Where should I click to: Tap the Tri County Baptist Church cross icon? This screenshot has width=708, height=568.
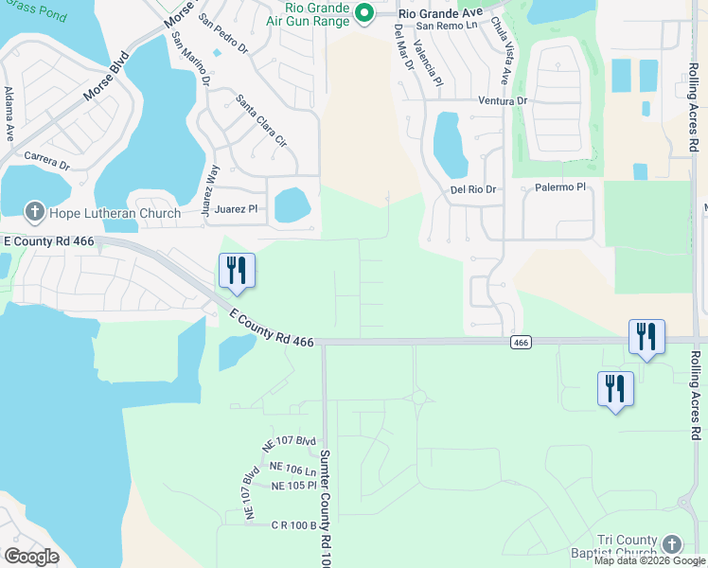click(672, 544)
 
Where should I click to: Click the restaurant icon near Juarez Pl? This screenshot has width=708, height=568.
click(237, 271)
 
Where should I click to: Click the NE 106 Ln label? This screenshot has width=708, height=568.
click(292, 469)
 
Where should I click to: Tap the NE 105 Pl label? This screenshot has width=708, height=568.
click(292, 486)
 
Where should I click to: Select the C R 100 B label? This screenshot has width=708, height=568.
click(292, 524)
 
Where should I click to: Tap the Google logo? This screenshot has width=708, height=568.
click(31, 557)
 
